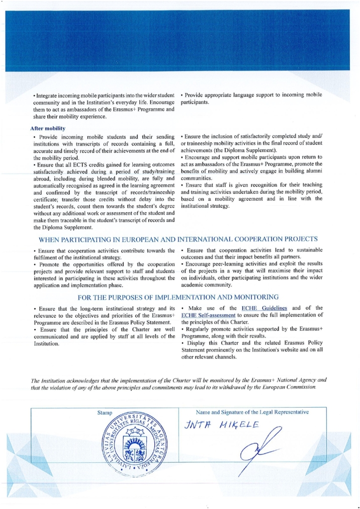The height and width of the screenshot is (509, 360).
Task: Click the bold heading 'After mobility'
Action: pyautogui.click(x=48, y=128)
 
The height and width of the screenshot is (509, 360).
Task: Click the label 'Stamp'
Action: pyautogui.click(x=105, y=412)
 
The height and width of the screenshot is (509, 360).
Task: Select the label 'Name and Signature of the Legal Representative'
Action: pyautogui.click(x=253, y=412)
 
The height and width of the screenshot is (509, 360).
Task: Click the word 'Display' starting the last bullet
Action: pyautogui.click(x=194, y=343)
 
